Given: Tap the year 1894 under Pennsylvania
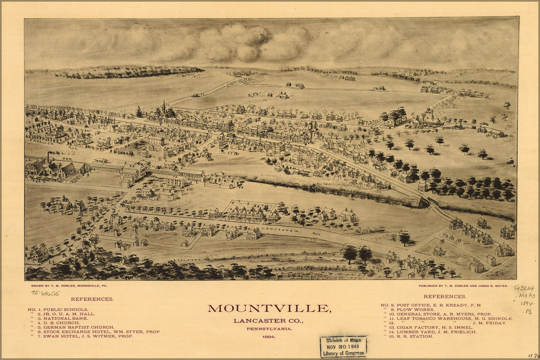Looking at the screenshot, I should tap(269, 337).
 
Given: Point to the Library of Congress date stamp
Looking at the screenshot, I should tap(343, 346).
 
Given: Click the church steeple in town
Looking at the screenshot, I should tap(164, 107).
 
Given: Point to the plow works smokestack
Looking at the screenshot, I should tap(48, 158).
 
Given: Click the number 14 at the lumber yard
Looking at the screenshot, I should tap(241, 187).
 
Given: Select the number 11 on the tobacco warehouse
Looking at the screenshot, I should tap(168, 105).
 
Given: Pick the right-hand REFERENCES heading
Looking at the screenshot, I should tap(445, 296).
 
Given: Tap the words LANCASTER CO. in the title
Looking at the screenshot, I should tap(268, 321).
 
